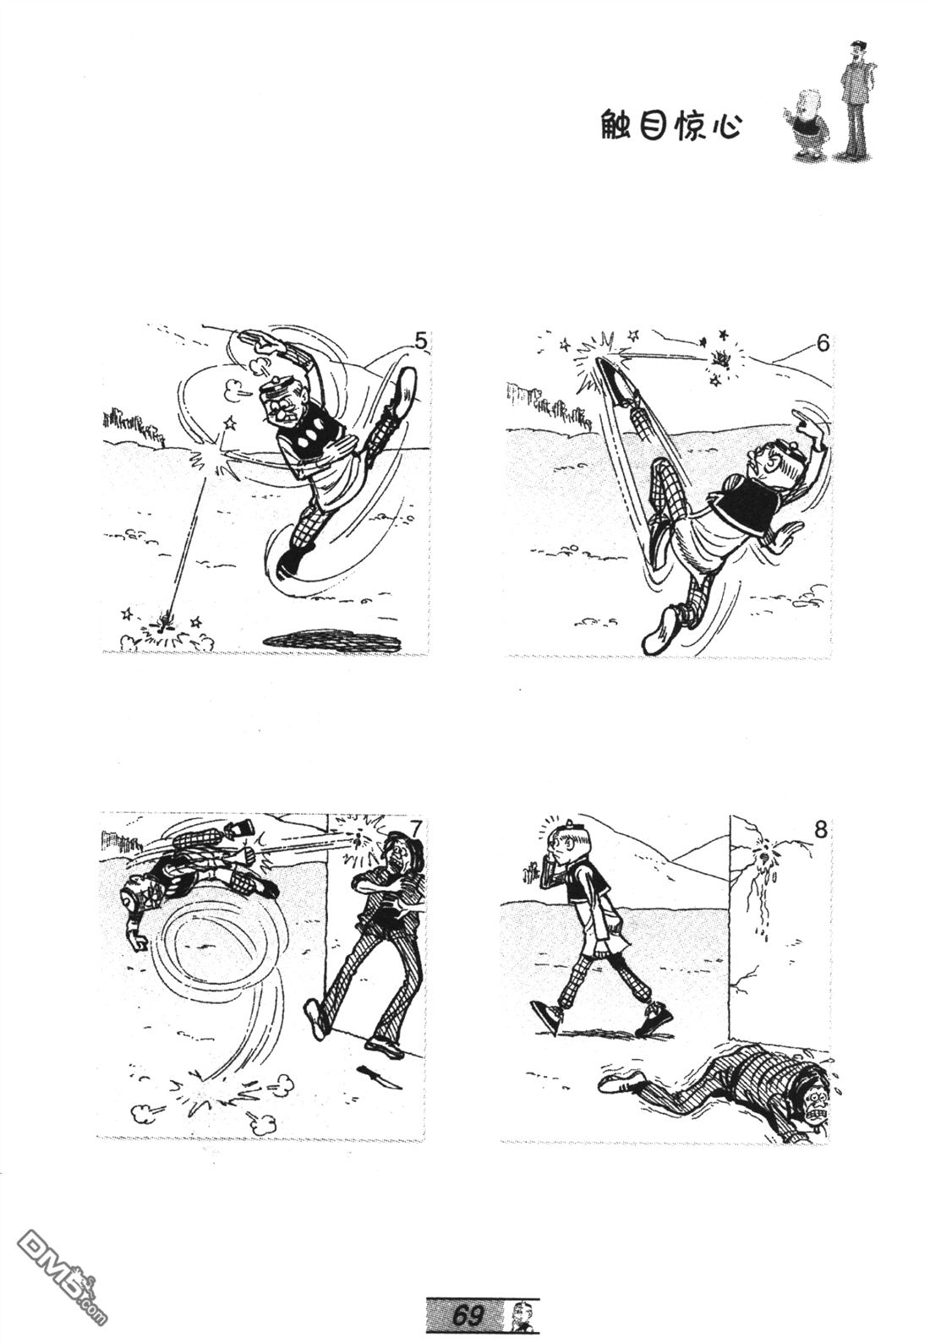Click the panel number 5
coord(420,341)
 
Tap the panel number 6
coord(822,344)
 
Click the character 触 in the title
coord(616,125)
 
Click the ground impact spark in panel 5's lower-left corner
coord(166,625)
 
